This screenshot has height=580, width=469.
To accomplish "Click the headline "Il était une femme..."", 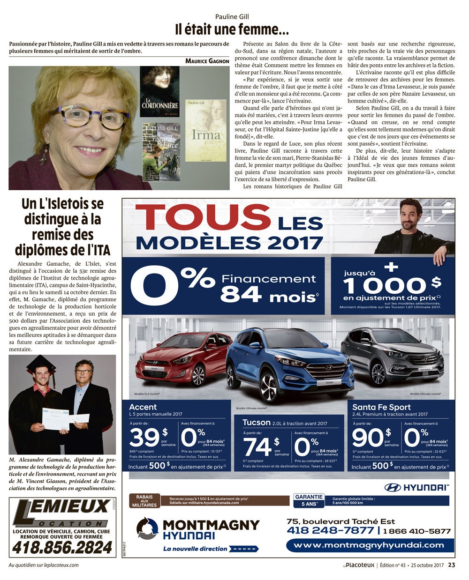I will [x=232, y=30].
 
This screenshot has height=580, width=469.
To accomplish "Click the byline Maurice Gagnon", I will [x=207, y=61].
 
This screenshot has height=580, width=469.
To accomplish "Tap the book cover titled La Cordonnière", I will [x=159, y=91].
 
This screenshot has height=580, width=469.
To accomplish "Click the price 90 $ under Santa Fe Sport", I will [x=371, y=438].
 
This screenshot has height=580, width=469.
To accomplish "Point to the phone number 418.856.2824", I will [x=62, y=547].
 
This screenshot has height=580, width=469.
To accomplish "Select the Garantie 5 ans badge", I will [x=309, y=500].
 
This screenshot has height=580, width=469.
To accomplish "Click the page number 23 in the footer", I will [x=451, y=565].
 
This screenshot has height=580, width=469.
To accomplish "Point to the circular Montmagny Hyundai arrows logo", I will [x=147, y=528].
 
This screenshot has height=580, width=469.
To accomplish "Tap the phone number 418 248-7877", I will [x=330, y=530].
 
